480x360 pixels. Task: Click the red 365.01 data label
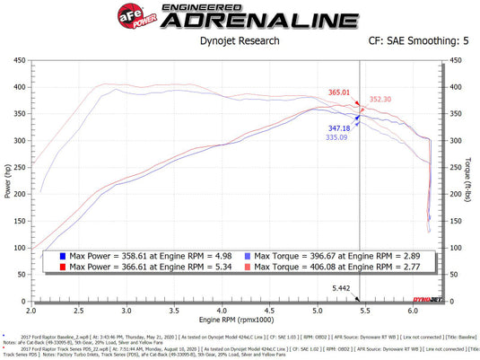click(339, 92)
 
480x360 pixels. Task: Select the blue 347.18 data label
click(339, 129)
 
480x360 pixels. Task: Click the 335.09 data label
click(338, 138)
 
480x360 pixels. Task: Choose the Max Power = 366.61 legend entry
click(135, 267)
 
